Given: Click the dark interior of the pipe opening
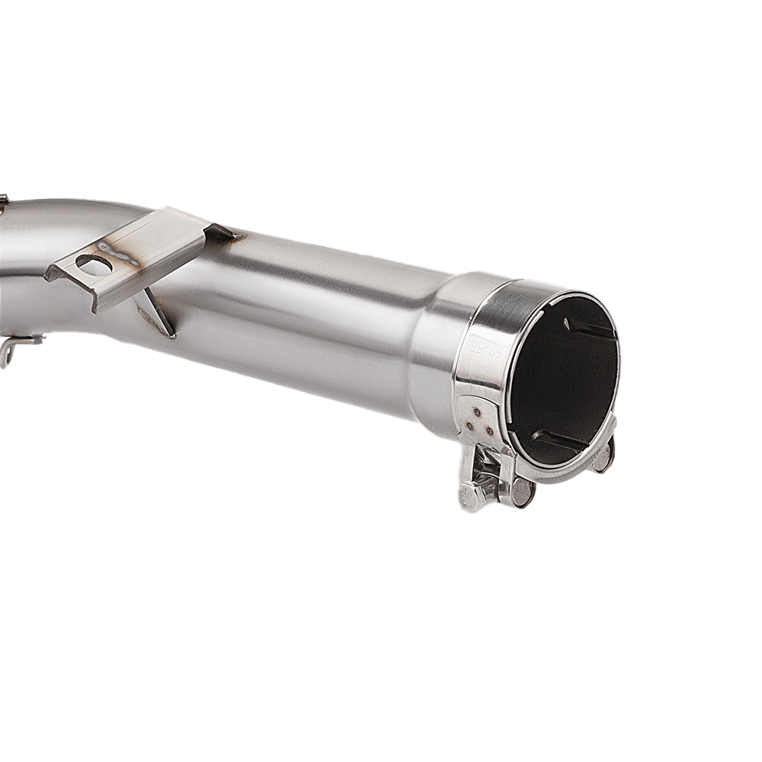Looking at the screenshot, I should click(564, 381).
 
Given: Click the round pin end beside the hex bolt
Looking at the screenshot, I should click(521, 491).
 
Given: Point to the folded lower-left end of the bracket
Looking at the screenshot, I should click(57, 271).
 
